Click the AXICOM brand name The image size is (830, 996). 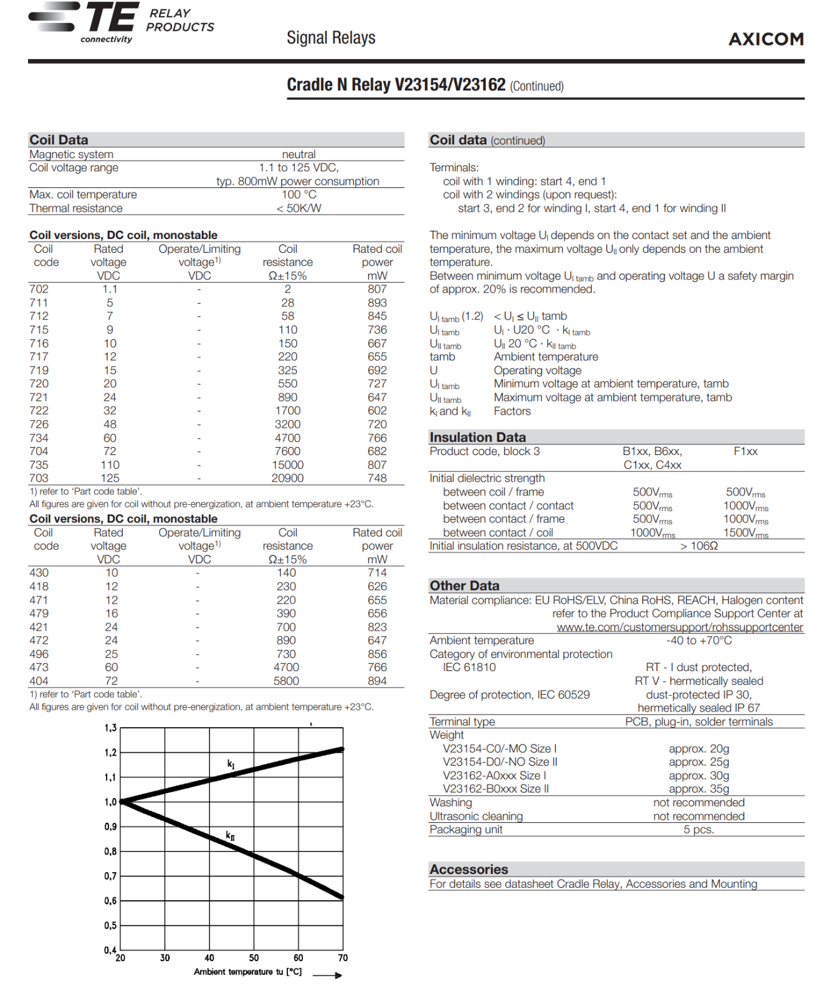[x=766, y=39]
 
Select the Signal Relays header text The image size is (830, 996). [x=331, y=38]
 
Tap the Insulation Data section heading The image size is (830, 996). [x=477, y=437]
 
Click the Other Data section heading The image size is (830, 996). [x=464, y=585]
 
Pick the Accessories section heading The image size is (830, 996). [x=469, y=869]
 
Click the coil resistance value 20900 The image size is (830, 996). [x=287, y=478]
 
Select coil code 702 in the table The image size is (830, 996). [x=39, y=289]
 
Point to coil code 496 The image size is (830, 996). [x=39, y=654]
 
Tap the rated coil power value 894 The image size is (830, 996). [x=377, y=681]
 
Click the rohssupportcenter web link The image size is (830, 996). [x=680, y=627]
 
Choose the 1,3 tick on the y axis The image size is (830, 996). [x=110, y=728]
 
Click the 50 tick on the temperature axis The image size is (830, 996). [x=254, y=958]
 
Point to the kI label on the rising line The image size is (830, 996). [x=231, y=764]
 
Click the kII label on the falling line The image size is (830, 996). [x=231, y=835]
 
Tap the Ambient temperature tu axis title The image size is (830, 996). [x=247, y=972]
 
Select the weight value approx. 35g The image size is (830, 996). [x=699, y=789]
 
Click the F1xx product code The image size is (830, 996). [x=745, y=451]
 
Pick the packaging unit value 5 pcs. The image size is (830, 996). [x=699, y=829]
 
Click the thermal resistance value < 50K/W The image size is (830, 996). [x=298, y=208]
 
